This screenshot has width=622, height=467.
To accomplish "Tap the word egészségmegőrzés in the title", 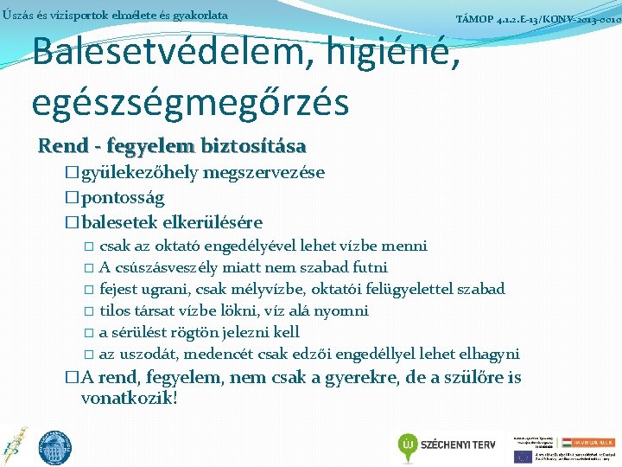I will [x=190, y=101].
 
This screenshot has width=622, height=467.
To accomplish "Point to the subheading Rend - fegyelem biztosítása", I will [x=172, y=145].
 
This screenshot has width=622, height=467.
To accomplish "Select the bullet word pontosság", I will [x=122, y=197].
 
